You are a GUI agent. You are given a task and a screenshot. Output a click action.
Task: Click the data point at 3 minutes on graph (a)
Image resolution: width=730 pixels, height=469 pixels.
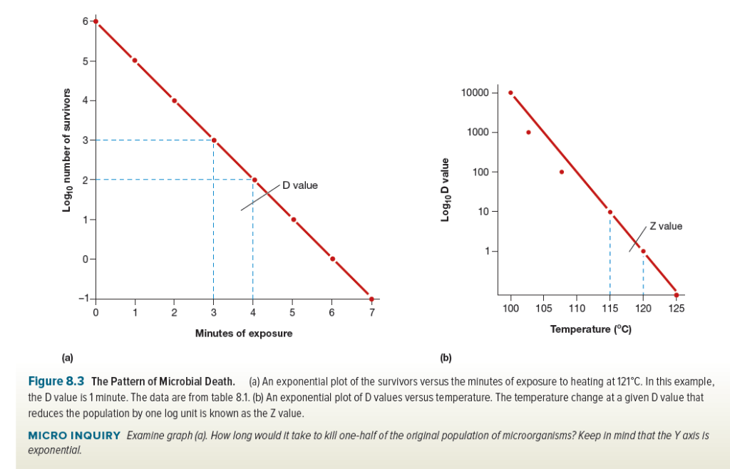tap(214, 140)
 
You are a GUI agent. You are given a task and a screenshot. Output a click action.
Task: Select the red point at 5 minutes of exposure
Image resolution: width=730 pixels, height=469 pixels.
tap(293, 220)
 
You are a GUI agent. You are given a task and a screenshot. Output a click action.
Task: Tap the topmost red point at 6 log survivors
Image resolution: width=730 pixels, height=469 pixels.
tap(96, 21)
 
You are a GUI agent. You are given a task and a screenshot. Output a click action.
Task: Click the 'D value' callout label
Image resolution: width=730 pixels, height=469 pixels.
tap(299, 185)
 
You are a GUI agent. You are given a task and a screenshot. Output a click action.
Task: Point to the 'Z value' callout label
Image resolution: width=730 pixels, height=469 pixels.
tap(666, 226)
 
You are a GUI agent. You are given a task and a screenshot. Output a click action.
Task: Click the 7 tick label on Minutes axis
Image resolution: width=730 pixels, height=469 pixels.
tap(371, 312)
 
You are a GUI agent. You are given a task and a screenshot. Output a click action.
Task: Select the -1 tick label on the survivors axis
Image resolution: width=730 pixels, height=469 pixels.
tap(83, 298)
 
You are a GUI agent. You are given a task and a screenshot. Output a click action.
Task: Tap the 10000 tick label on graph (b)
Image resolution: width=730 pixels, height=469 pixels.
tap(475, 93)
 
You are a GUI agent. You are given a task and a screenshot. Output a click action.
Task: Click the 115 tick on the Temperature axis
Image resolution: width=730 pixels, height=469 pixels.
tap(610, 308)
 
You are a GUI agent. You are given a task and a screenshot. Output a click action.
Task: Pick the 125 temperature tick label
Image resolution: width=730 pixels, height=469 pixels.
tap(677, 308)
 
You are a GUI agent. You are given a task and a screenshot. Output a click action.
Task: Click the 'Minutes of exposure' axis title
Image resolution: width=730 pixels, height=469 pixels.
tap(244, 333)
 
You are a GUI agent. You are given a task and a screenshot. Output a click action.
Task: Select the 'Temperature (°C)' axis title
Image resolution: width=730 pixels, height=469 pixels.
tap(591, 329)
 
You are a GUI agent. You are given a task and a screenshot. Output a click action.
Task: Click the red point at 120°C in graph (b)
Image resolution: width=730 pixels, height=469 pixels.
tap(643, 251)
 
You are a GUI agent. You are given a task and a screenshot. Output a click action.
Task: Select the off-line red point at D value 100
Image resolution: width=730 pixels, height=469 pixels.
tap(562, 172)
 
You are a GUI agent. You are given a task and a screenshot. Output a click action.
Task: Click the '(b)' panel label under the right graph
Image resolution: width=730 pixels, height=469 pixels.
tap(446, 356)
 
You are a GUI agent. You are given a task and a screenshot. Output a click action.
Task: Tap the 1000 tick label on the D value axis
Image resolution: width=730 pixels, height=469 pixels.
tap(478, 133)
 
